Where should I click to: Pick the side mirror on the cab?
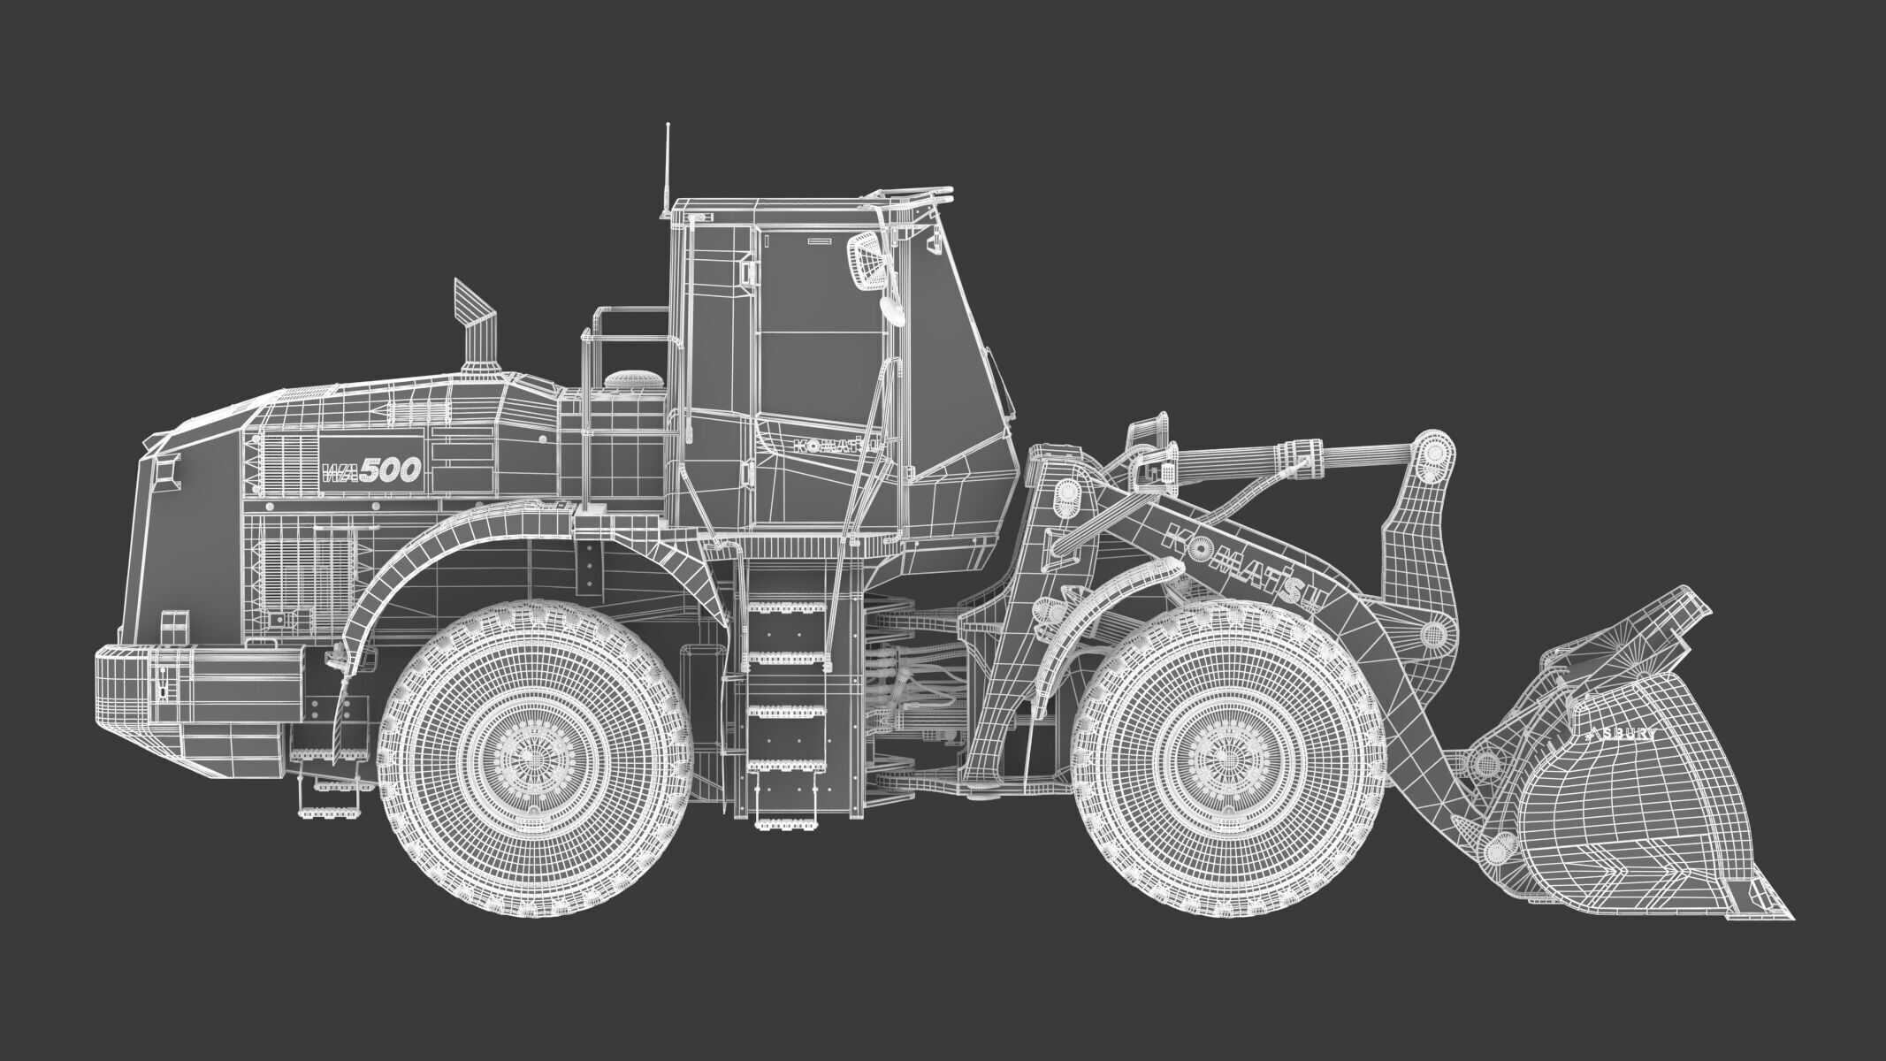tap(866, 261)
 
